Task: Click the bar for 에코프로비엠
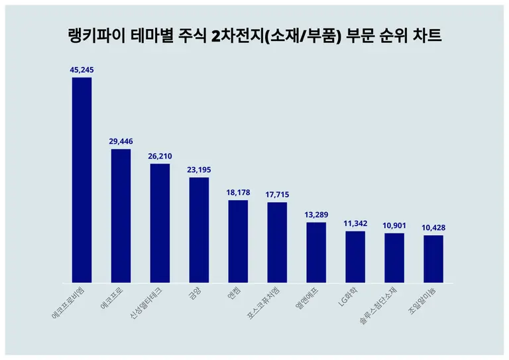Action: [82, 180]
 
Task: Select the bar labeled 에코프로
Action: [121, 215]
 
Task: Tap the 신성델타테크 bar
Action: [160, 223]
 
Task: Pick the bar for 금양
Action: [199, 229]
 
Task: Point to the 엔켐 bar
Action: [238, 241]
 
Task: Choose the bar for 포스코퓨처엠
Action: [277, 242]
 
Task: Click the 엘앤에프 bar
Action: [316, 253]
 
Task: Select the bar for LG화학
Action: [355, 257]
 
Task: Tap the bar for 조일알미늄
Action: [433, 259]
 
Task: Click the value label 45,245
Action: [82, 69]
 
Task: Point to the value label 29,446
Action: [121, 141]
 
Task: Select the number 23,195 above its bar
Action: [199, 170]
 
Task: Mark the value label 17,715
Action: [277, 194]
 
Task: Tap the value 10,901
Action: [394, 225]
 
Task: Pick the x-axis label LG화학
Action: [349, 298]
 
